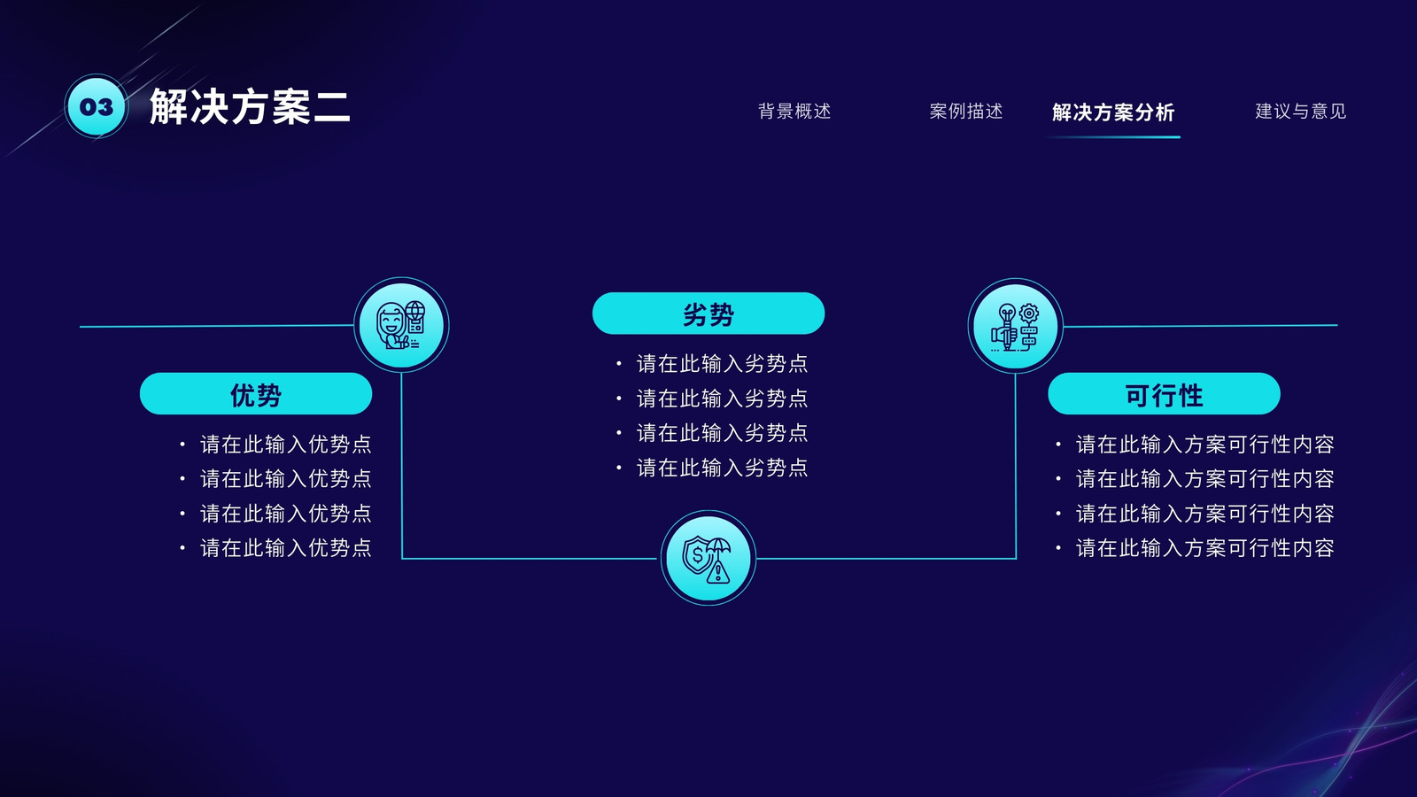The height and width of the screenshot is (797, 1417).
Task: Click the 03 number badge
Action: (97, 106)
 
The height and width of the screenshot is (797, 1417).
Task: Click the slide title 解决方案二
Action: (250, 106)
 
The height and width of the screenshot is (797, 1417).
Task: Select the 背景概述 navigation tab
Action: (794, 112)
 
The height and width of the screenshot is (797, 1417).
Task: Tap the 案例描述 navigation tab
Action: (966, 112)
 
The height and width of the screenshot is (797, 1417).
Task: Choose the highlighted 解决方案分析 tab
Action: (1113, 112)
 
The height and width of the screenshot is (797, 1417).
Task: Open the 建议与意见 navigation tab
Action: (1301, 112)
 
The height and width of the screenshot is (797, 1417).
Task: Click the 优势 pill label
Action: (256, 394)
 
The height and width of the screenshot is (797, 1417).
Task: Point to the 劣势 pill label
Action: (708, 313)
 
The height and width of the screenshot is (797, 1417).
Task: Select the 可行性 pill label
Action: (1164, 394)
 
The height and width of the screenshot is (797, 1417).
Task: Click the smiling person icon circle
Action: (401, 325)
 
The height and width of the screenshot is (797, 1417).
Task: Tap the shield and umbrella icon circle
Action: (708, 558)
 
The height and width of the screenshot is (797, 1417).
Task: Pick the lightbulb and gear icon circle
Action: (1015, 326)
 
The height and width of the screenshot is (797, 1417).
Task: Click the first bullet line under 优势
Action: (276, 444)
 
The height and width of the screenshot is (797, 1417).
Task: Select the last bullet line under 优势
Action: (276, 548)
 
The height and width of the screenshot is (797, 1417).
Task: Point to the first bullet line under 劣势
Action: (713, 364)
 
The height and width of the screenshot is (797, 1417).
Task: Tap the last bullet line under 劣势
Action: (713, 468)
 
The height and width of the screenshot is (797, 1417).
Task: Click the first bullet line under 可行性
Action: (1195, 444)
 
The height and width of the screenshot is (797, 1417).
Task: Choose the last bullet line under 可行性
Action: (1195, 548)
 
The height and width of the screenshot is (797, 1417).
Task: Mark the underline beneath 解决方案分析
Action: (1113, 136)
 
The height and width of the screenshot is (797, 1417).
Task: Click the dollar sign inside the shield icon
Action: (697, 555)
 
